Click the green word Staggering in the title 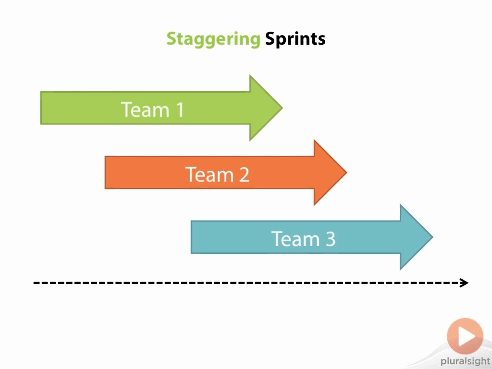213,39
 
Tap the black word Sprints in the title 295,39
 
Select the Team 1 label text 152,109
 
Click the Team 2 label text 217,174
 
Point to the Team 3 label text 303,238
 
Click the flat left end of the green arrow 42,108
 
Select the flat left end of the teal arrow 192,237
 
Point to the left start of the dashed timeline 35,283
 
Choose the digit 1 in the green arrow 180,110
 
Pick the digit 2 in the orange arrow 244,174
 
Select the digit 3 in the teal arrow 330,239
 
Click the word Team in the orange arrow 207,174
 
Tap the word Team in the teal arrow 293,238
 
